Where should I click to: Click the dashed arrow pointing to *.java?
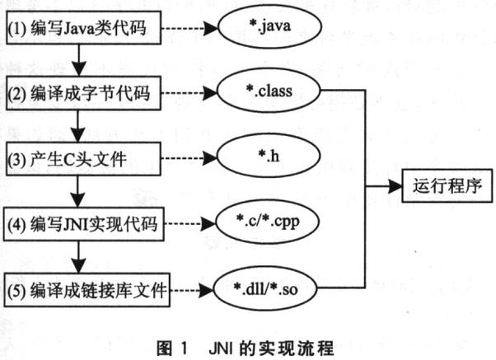pyautogui.click(x=192, y=32)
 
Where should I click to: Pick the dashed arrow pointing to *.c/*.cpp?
pyautogui.click(x=195, y=222)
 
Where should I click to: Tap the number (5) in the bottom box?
pyautogui.click(x=16, y=290)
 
